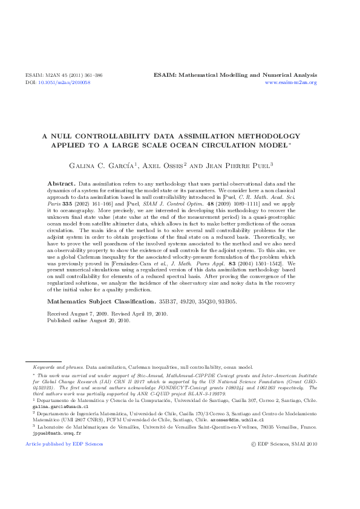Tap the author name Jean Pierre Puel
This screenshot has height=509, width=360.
[239, 164]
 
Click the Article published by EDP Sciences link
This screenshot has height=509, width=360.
[64, 444]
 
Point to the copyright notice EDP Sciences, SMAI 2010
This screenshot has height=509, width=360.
[287, 444]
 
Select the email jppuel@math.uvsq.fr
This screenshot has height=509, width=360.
[48, 433]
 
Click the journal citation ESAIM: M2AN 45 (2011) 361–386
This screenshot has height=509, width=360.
[64, 75]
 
